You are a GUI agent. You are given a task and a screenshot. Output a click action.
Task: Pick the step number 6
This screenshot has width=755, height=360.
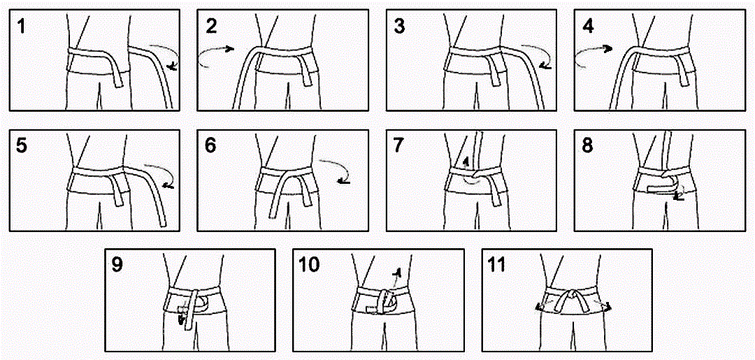click(211, 146)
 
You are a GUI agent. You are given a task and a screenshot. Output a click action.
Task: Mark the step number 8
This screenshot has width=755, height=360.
click(589, 146)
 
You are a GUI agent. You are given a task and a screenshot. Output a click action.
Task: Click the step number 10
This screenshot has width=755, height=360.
click(309, 265)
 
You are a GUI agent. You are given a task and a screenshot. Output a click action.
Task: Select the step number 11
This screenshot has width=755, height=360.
click(497, 265)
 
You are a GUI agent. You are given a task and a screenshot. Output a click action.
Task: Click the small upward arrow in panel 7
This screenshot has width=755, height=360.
click(465, 163)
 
